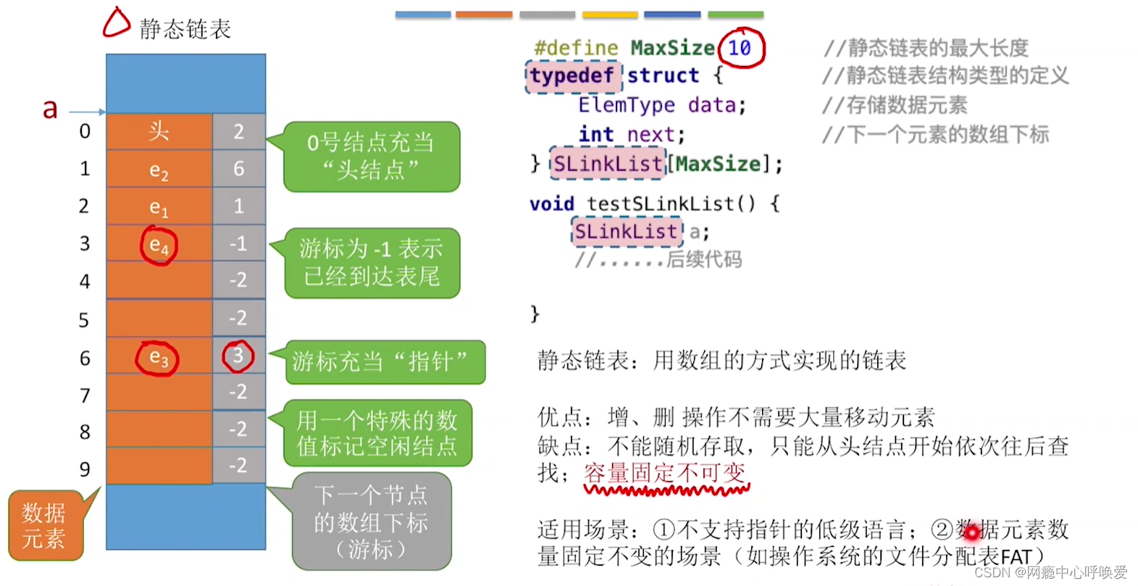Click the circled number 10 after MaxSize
[740, 48]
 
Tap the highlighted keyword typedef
[572, 75]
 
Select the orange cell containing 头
[159, 131]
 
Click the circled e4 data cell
[159, 245]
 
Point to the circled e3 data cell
[158, 358]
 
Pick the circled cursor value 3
[238, 356]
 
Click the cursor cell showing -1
[238, 244]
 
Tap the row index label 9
[85, 469]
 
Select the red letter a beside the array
[49, 109]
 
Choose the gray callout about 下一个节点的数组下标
[371, 522]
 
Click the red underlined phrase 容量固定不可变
[665, 474]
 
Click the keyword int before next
[595, 134]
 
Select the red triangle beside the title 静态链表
[116, 22]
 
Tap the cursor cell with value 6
[238, 169]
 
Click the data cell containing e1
[159, 207]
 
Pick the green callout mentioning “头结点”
[371, 156]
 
